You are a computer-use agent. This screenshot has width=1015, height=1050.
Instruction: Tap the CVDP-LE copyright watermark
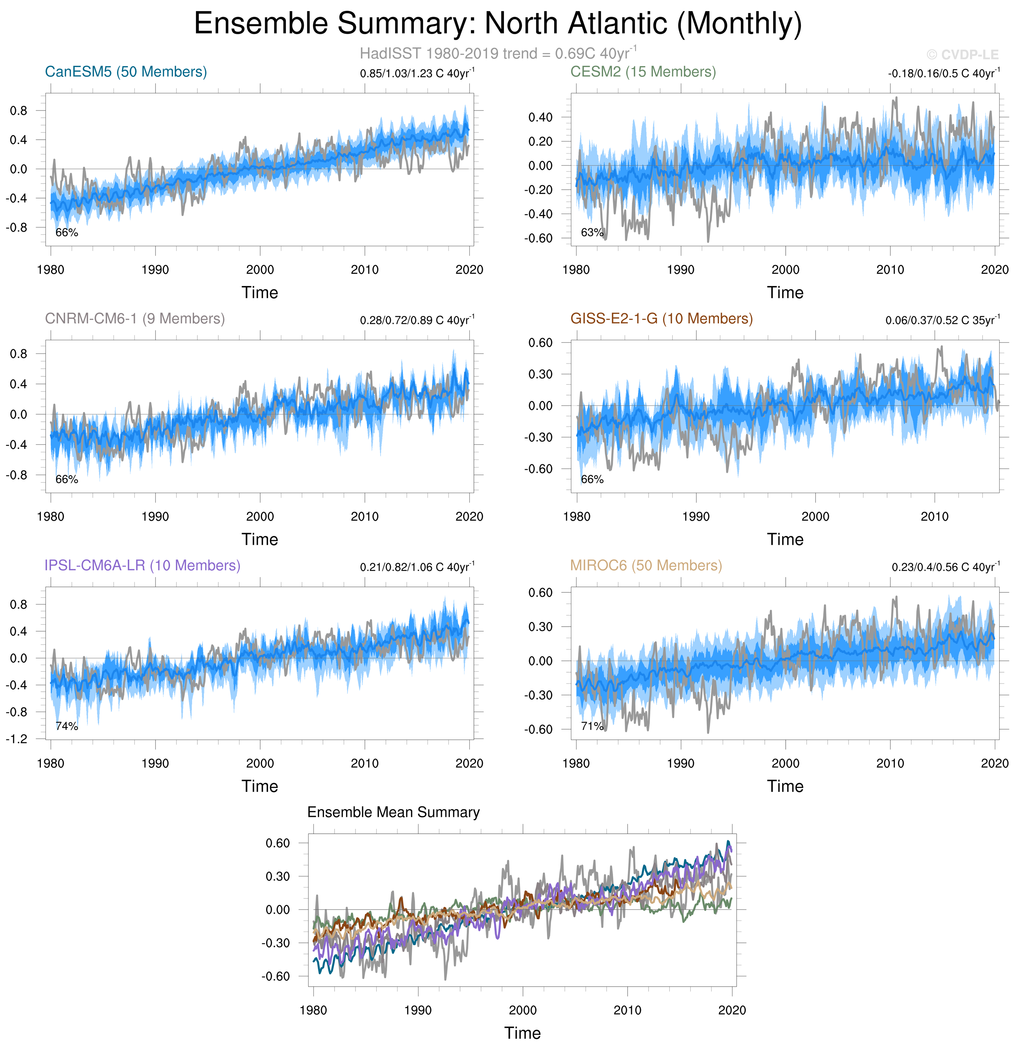(962, 55)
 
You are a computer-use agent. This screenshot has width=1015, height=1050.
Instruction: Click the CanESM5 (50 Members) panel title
(126, 72)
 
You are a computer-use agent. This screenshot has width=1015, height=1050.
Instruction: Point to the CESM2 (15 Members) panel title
(643, 72)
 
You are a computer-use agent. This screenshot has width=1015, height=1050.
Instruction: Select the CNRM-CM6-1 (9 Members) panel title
(135, 319)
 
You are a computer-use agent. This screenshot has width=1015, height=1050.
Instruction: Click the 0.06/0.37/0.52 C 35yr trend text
(942, 320)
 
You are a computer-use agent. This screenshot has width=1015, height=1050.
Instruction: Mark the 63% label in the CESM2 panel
(592, 232)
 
